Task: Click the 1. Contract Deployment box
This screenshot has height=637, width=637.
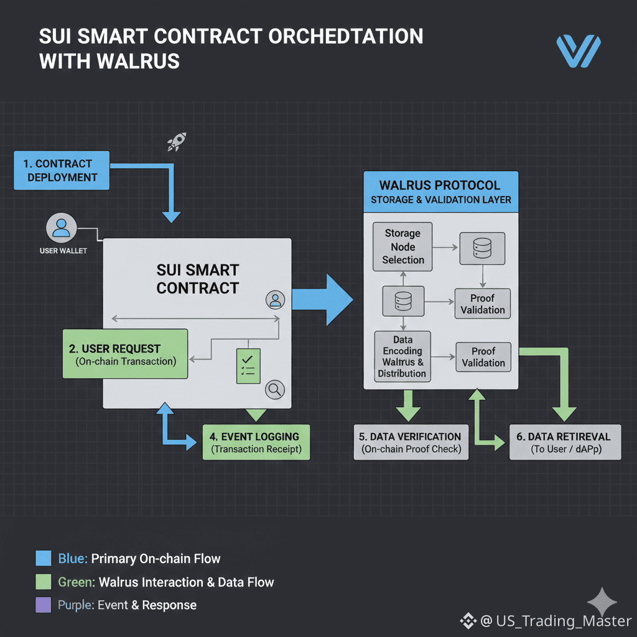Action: coord(61,170)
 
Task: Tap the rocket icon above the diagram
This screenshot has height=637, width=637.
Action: coord(177,142)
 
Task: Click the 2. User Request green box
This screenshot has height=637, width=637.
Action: coord(126,354)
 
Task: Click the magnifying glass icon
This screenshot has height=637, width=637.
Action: coord(274,390)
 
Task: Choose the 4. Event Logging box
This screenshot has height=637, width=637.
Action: coord(256,442)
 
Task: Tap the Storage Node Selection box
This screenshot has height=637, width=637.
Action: coord(402,247)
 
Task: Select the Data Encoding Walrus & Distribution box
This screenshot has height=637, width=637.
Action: coord(402,356)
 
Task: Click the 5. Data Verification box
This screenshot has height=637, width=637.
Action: coord(411,442)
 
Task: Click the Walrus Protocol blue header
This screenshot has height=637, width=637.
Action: coord(440,192)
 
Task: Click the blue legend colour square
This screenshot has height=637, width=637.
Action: coord(43,558)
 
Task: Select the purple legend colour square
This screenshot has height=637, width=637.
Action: coord(43,605)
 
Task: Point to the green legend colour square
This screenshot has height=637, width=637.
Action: coord(43,582)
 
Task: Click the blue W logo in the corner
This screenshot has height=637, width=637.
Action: coord(579,51)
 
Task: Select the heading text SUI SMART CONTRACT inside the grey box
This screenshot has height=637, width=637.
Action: coord(197,279)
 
